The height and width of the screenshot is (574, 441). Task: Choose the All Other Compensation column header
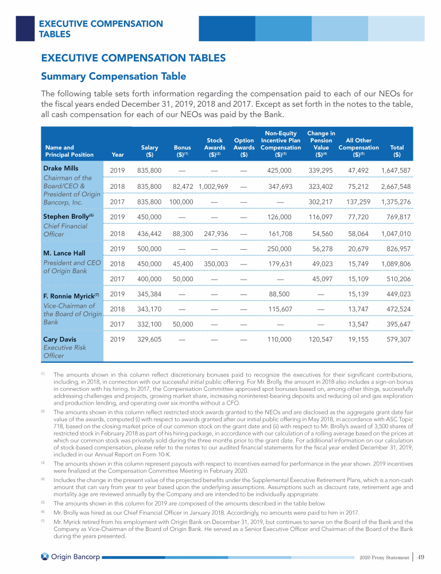[358, 147]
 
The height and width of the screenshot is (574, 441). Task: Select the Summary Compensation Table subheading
[113, 76]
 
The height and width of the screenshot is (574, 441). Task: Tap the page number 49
[421, 556]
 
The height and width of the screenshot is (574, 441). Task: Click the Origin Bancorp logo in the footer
[68, 557]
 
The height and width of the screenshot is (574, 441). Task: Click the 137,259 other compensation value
[358, 202]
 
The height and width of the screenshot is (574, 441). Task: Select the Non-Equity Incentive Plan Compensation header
[280, 147]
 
